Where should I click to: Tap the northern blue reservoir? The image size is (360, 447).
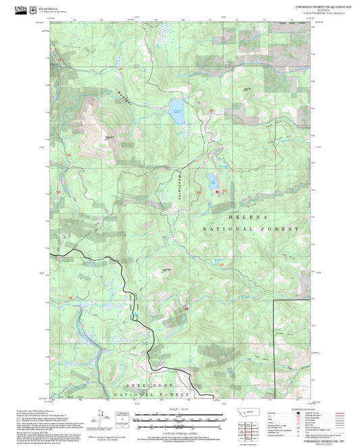click(x=177, y=111)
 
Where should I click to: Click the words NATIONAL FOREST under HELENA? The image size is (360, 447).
click(x=250, y=230)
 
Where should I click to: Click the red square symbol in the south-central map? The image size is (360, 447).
click(x=186, y=308)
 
